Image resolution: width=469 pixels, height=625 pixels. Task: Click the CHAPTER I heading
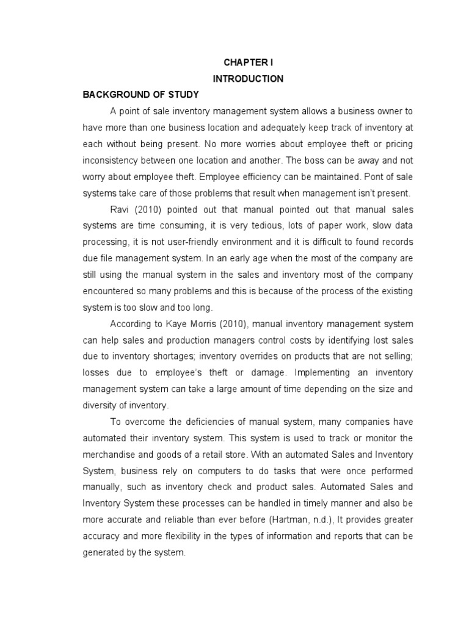247,62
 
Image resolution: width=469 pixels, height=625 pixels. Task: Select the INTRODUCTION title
247,79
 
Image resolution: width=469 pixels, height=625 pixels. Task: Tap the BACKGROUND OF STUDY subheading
141,95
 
